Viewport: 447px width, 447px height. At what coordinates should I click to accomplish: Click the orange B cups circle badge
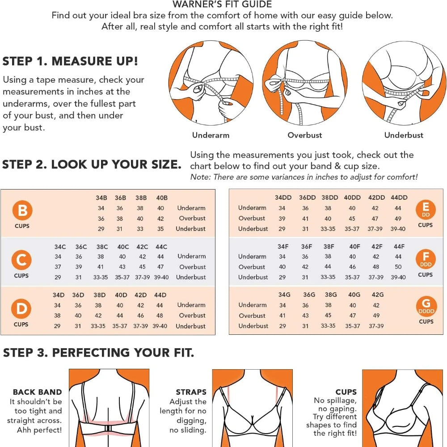point(22,210)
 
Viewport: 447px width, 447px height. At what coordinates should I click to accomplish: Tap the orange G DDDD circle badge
point(426,306)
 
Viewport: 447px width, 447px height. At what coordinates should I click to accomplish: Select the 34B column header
point(101,198)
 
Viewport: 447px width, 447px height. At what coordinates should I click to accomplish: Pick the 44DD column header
point(399,198)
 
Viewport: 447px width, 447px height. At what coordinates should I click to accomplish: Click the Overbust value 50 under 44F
point(398,267)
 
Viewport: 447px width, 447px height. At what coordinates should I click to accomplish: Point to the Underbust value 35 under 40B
point(160,229)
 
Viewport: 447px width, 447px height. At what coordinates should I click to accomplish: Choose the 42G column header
point(377,295)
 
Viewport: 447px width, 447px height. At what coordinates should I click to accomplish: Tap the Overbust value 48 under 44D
point(160,316)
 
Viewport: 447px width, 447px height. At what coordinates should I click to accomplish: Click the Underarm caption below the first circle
point(211,135)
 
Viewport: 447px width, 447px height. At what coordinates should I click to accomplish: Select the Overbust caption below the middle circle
point(305,135)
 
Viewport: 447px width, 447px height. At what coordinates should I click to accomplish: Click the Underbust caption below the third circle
point(404,135)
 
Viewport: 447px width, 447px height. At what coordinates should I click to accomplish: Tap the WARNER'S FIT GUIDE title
point(222,4)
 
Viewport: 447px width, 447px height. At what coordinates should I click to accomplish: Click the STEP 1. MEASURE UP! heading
point(70,61)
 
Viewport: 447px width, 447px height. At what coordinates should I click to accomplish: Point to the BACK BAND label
point(38,392)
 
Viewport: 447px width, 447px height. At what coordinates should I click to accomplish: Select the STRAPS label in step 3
point(191,392)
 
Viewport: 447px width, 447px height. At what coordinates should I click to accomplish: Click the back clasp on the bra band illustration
point(108,429)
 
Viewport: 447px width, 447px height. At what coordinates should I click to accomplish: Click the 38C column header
point(102,247)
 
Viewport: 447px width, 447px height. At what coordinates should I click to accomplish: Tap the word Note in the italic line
point(200,177)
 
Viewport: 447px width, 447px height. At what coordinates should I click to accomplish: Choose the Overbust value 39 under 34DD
point(282,219)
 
